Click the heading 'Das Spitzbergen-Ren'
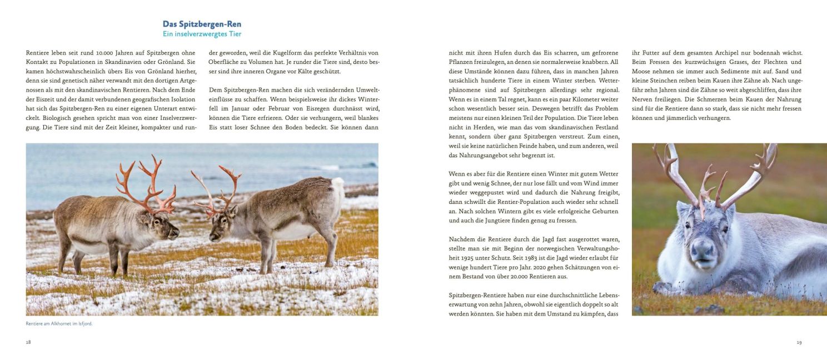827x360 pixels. click(202, 24)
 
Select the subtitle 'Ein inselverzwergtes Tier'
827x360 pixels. click(202, 34)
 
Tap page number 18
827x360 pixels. click(28, 342)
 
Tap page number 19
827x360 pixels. click(799, 342)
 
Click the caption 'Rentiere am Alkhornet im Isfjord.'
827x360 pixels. click(59, 323)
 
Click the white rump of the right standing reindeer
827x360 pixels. click(336, 192)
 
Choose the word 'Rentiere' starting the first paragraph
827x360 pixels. click(37, 53)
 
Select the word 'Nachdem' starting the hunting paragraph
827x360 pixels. click(461, 239)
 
